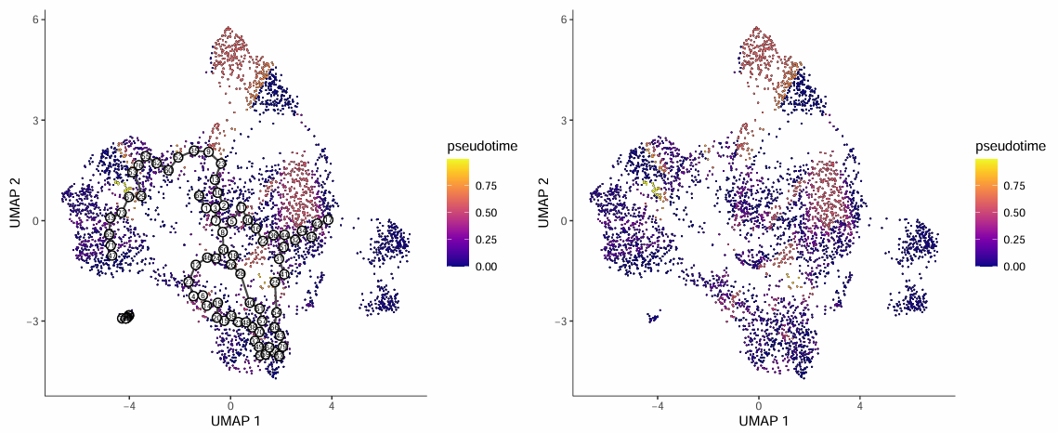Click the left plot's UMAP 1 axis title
coord(235,421)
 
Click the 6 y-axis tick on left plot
coord(33,20)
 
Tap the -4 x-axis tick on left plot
coord(129,405)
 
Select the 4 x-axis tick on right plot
coord(859,405)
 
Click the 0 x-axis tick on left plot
coord(230,405)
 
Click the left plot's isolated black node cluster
coord(125,317)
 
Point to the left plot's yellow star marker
coord(127,189)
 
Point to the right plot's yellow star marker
coord(655,189)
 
